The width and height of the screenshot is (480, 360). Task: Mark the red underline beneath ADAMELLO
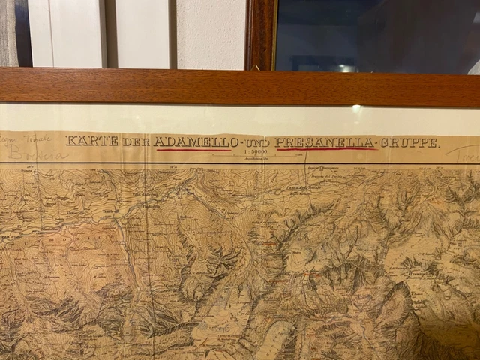pyautogui.click(x=193, y=150)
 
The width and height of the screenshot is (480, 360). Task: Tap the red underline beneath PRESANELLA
pyautogui.click(x=325, y=149)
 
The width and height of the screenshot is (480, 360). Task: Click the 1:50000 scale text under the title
pyautogui.click(x=256, y=153)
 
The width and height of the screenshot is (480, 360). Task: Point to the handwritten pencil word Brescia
pyautogui.click(x=37, y=154)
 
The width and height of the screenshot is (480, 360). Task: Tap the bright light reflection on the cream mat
pyautogui.click(x=355, y=109)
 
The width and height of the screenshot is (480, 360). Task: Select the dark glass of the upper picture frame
pyautogui.click(x=375, y=34)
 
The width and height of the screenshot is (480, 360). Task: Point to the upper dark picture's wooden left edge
pyautogui.click(x=258, y=34)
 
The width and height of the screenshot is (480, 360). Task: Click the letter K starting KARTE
pyautogui.click(x=70, y=141)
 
